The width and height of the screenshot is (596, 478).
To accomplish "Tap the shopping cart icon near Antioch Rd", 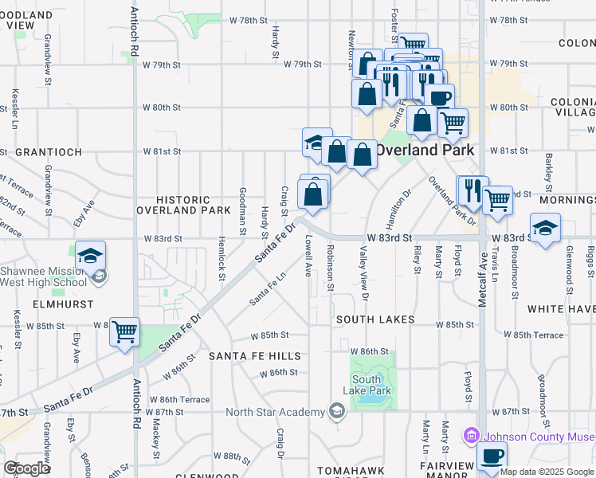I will tap(124, 330).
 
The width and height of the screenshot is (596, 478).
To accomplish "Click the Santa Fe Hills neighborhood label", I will tap(255, 355).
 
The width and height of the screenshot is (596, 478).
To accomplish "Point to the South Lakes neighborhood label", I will tap(374, 319).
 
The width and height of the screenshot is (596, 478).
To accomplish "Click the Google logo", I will tap(27, 468).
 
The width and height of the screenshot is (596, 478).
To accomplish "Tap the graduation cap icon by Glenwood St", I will tap(545, 228).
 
